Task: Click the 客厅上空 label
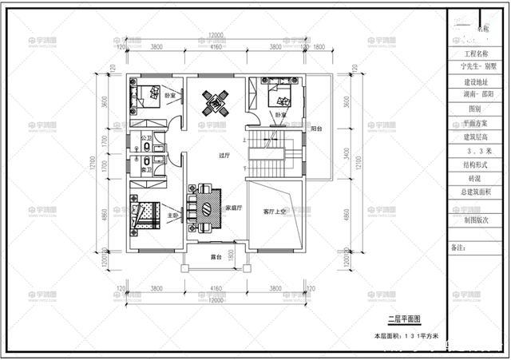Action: point(275,212)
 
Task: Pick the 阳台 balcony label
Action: point(316,129)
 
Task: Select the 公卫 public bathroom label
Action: point(145,138)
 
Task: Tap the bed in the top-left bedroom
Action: point(145,97)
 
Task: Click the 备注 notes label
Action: point(458,248)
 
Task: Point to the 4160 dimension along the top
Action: point(216,46)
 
